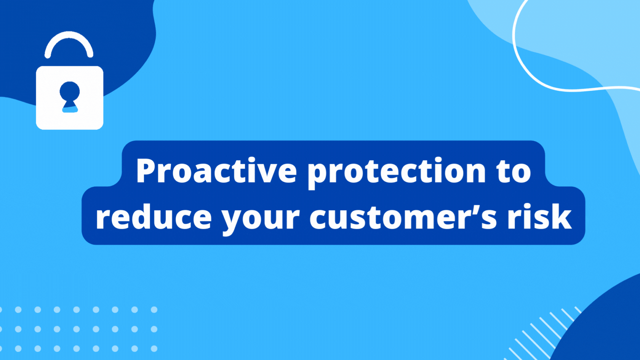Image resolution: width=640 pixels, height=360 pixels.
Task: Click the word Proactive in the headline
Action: [216, 171]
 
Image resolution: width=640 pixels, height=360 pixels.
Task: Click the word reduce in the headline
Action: [154, 218]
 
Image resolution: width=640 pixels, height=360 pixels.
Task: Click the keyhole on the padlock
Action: [70, 96]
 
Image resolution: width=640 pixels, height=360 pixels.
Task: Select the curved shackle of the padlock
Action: [69, 38]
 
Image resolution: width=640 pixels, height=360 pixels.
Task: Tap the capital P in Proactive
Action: [147, 171]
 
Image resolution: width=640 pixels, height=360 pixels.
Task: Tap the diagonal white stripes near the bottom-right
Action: [541, 335]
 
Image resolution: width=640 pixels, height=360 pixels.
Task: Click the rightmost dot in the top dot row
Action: [154, 310]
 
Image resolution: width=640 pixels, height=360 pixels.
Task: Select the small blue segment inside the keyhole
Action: [70, 110]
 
